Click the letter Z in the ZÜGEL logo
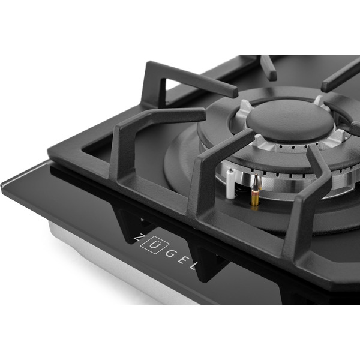point(137,238)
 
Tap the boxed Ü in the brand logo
point(151,245)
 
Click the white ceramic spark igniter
point(230,184)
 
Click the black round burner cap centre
point(290,119)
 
